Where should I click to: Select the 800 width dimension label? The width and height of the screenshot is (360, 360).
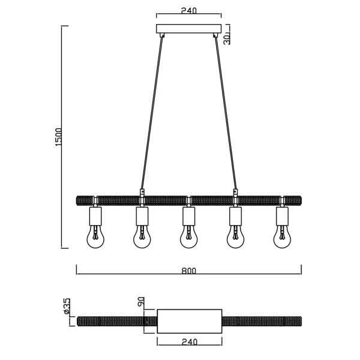coord(188,271)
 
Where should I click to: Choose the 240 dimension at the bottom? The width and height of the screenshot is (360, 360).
coord(188,343)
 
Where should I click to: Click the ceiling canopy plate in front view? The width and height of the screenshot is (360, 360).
coord(188,29)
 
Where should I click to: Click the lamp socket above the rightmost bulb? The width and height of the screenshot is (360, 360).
coord(282,215)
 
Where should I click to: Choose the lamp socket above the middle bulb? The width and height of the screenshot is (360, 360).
coord(188,215)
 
